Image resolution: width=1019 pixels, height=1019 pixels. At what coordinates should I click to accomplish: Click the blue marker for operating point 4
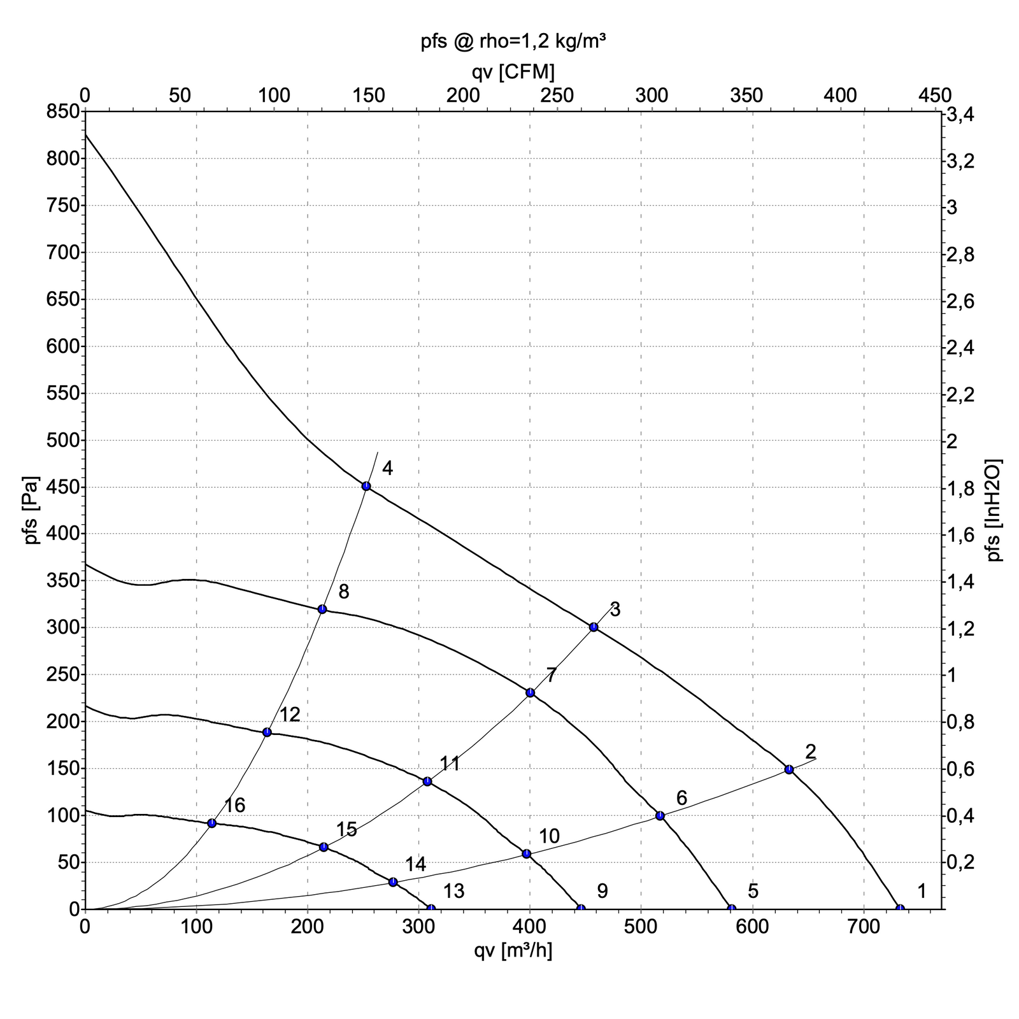tap(366, 486)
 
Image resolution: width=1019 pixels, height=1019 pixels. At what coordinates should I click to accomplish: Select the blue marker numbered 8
tap(322, 609)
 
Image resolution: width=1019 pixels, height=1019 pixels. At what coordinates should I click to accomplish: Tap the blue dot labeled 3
tap(594, 627)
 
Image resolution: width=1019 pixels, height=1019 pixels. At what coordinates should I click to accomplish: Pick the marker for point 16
tap(212, 823)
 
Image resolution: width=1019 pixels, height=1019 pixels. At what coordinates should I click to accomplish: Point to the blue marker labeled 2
tap(789, 769)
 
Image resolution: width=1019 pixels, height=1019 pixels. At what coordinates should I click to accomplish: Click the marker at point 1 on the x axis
tap(900, 908)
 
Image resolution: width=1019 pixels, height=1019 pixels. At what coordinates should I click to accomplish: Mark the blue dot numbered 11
tap(427, 781)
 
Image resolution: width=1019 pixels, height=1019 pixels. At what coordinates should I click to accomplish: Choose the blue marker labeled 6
tap(660, 815)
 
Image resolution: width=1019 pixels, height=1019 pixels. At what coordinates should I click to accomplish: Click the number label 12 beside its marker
tap(290, 715)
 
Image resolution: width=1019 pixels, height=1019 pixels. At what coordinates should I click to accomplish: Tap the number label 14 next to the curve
tap(415, 864)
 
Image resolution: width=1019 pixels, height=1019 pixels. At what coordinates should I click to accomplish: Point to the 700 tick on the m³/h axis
tap(864, 925)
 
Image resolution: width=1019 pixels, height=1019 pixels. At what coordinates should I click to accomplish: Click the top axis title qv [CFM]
tap(513, 72)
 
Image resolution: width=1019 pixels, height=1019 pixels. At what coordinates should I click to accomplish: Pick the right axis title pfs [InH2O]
tap(995, 511)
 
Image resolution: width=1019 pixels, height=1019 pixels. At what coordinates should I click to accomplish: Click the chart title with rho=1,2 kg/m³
tap(513, 42)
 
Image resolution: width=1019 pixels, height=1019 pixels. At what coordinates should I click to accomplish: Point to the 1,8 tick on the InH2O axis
tap(960, 488)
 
